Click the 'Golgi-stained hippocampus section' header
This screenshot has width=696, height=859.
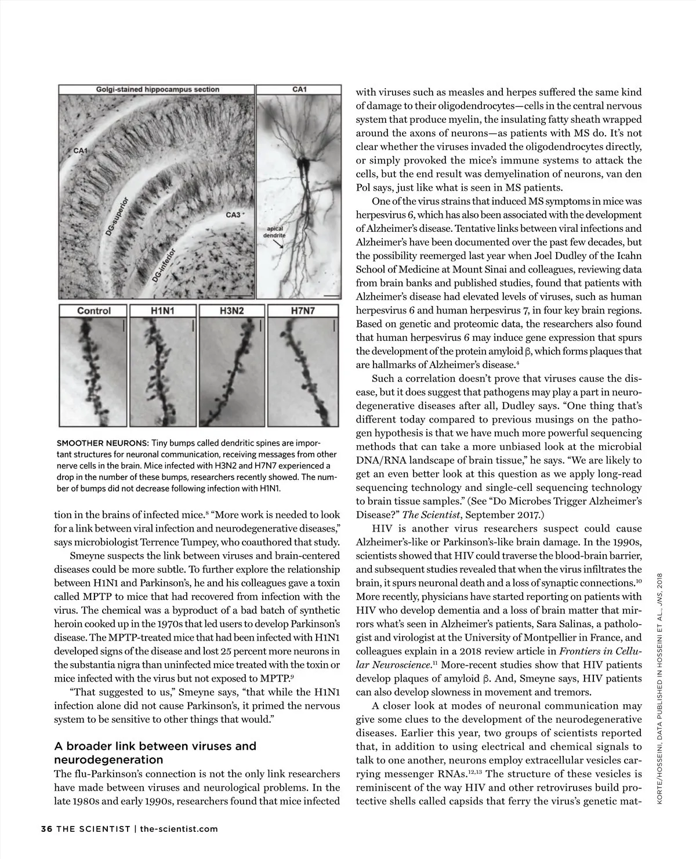(157, 89)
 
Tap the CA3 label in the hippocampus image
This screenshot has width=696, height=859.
(233, 215)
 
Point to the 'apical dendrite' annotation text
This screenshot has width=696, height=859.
(277, 232)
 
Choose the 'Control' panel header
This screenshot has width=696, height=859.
(94, 311)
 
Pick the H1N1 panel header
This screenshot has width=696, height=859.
(162, 311)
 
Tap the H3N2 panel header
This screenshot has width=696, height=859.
(232, 311)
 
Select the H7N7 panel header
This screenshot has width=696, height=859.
(302, 311)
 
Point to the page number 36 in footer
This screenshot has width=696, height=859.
(46, 828)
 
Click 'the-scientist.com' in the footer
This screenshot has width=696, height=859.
(179, 828)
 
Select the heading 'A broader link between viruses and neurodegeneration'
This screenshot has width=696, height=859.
(155, 753)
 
